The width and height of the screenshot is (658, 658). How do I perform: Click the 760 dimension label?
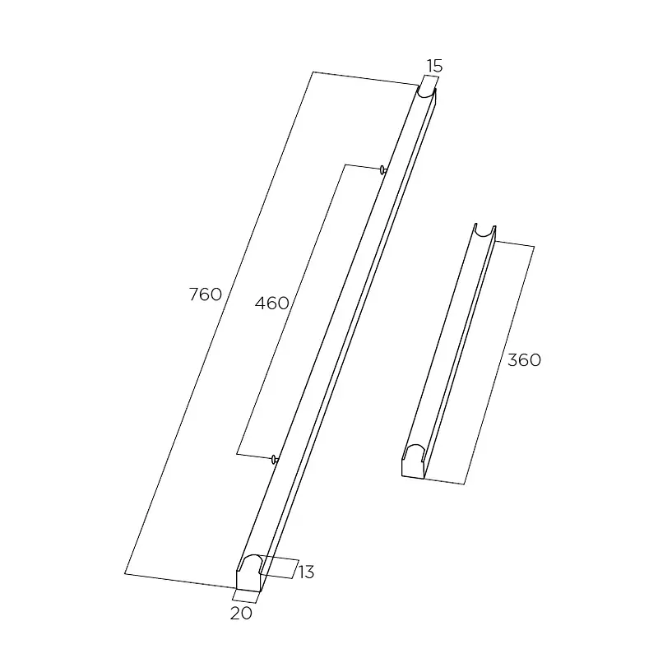205,294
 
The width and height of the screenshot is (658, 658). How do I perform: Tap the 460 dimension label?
272,303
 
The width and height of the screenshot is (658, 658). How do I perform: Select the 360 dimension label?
524,360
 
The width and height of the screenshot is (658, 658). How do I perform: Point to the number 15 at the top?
435,66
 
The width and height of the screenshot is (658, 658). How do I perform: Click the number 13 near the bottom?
306,572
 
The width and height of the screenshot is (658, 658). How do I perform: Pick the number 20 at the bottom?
241,614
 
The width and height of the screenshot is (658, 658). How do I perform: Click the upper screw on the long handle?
382,170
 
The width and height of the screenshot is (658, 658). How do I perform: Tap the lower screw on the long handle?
275,460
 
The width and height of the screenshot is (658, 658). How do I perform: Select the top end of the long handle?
427,92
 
